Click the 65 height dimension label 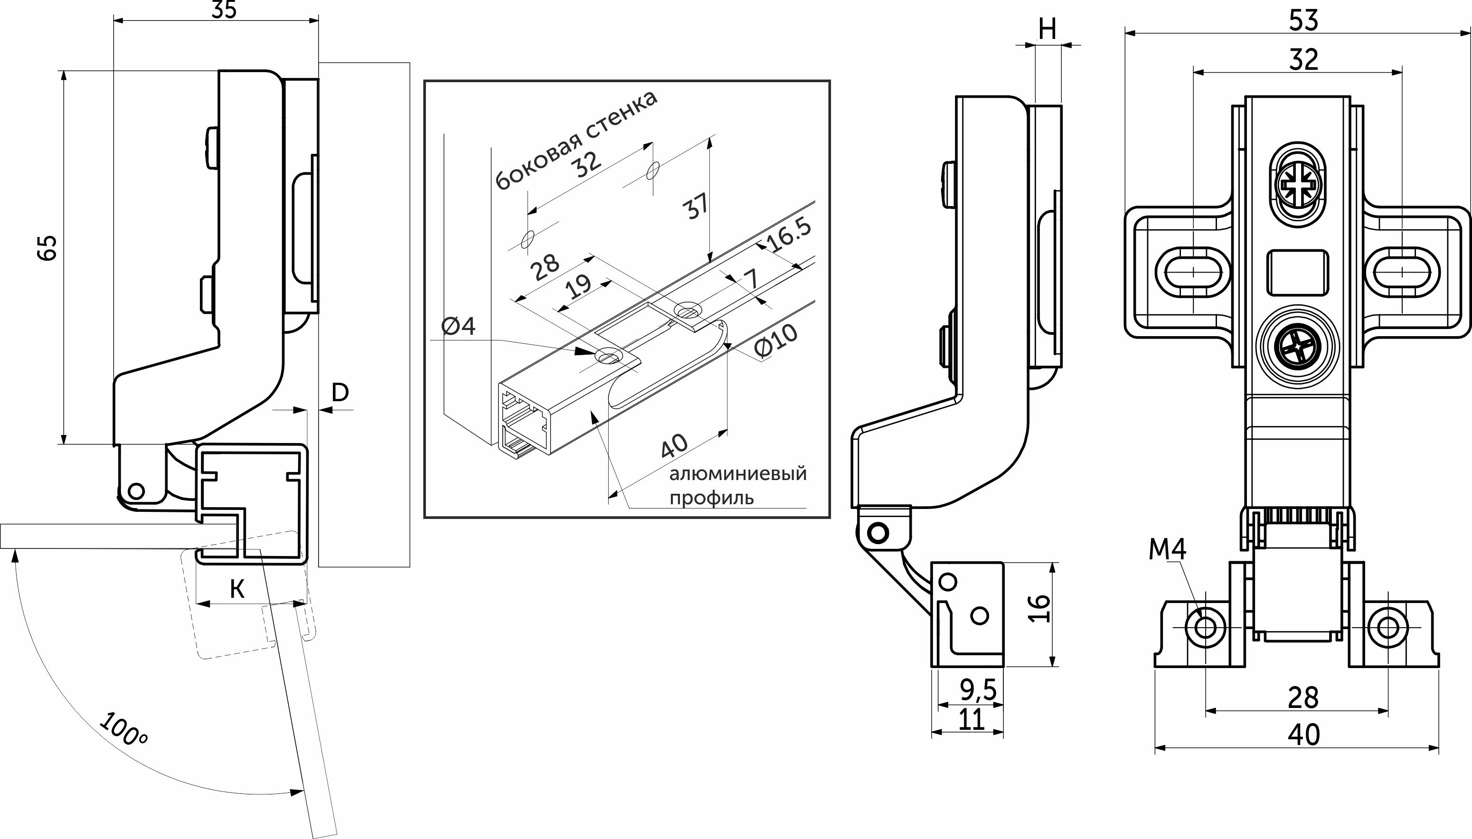point(48,248)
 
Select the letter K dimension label point(237,589)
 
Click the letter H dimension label point(1048,29)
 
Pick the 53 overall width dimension point(1303,20)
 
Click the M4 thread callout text point(1167,549)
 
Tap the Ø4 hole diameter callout point(459,327)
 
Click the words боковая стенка point(576,140)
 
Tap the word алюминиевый point(737,474)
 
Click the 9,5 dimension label point(978,689)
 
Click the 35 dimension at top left point(224,10)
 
